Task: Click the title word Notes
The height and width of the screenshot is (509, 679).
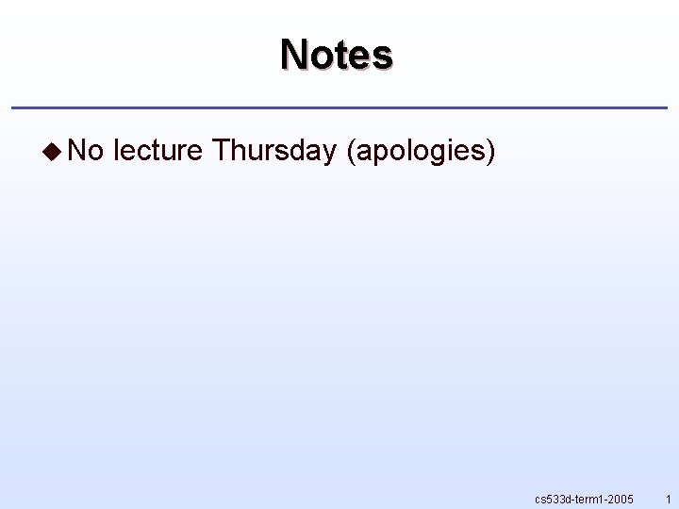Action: pos(336,55)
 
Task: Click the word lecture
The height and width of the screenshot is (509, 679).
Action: pos(157,150)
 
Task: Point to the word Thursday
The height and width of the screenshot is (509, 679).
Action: pos(274,150)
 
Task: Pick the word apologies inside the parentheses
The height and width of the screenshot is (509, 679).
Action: pos(421,151)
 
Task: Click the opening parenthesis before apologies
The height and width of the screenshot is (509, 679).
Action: pos(353,151)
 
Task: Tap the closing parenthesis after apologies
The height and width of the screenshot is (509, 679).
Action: pos(489,151)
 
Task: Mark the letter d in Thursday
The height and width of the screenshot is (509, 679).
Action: pos(301,150)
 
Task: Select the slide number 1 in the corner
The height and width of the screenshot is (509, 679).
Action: pos(668,499)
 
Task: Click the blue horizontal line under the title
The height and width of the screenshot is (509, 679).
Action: pos(339,107)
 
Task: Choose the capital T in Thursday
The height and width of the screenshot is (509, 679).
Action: pos(221,150)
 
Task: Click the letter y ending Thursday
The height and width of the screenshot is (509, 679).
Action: pos(329,153)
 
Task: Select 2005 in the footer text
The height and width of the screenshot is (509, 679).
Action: pos(619,499)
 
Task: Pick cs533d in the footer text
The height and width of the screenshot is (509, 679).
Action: pos(552,499)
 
